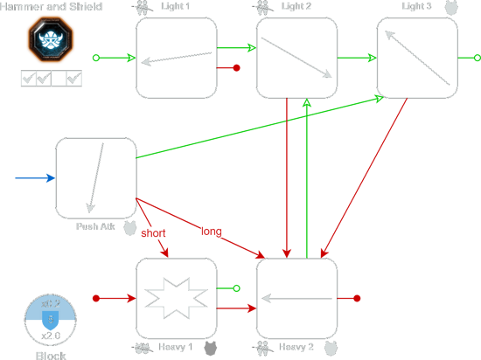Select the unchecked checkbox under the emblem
coord(58,80)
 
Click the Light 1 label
coord(176,7)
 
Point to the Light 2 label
coord(296,7)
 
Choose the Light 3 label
coord(416,7)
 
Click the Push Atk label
coord(96,227)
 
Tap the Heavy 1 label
coord(175,348)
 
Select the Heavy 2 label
coord(296,348)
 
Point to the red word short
coord(153,233)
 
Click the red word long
coord(213,232)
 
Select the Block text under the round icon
coord(51,355)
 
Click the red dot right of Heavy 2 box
coord(358,299)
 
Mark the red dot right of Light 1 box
coord(237,67)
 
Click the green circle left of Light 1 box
coord(96,59)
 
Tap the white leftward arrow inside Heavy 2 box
coord(296,299)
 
